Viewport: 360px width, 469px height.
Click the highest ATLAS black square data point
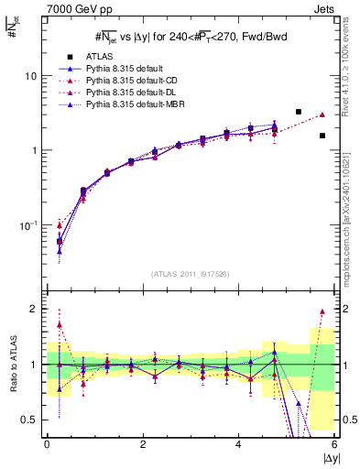[x=299, y=112]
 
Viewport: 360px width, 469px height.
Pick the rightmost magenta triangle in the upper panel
[x=322, y=115]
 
